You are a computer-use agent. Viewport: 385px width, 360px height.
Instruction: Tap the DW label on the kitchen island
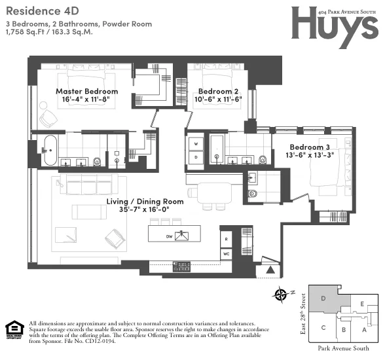click(x=169, y=235)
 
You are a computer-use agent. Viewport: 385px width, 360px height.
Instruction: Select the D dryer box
click(x=195, y=157)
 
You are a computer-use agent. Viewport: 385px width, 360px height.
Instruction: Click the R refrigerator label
click(x=225, y=238)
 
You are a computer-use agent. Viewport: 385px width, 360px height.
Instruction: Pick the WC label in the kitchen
click(x=225, y=252)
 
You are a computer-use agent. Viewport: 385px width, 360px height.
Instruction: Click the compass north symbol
click(x=282, y=295)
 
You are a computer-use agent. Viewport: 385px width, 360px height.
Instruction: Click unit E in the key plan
click(x=362, y=304)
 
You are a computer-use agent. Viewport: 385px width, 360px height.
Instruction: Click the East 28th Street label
click(x=302, y=314)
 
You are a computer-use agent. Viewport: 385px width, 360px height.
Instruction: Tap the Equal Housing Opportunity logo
click(x=12, y=329)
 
